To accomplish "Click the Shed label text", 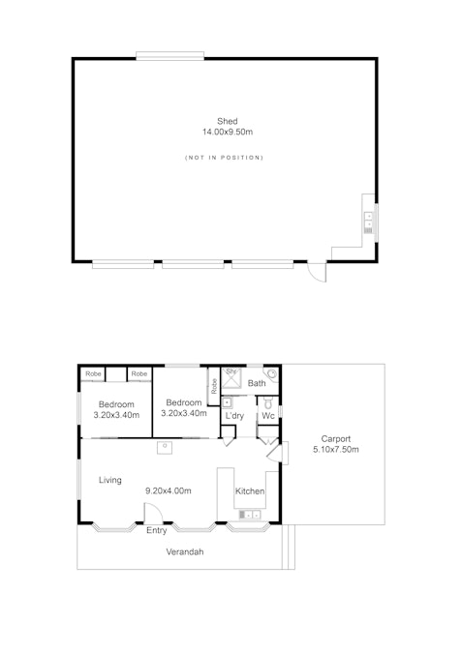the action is (x=228, y=121).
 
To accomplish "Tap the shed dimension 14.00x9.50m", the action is (x=228, y=132).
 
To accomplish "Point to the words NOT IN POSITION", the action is (x=224, y=158).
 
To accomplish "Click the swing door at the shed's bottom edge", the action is (x=317, y=272).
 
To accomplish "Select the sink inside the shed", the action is (x=369, y=223).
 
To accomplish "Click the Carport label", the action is (x=336, y=439).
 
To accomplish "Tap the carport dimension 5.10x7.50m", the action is (x=336, y=449).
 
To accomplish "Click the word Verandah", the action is (x=185, y=551).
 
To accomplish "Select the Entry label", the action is (x=156, y=530).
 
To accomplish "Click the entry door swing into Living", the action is (x=153, y=513).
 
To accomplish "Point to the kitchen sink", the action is (x=249, y=515).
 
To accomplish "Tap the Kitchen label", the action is (x=250, y=491).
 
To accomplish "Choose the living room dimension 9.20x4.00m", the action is (x=168, y=491).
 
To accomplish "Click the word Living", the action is (x=110, y=480).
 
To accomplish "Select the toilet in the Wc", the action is (x=268, y=403).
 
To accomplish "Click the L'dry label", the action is (x=234, y=416).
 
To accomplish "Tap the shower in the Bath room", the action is (x=231, y=377).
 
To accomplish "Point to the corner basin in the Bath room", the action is (x=271, y=373).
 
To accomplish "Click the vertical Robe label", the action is (x=214, y=386).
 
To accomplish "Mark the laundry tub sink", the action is (x=228, y=403).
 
